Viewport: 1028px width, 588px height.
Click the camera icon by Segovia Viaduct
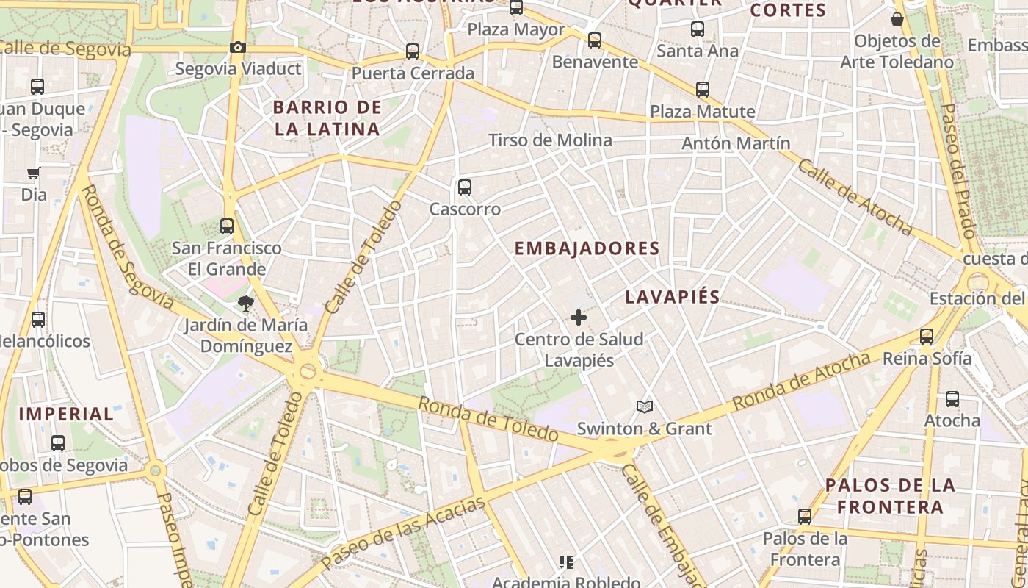click(237, 48)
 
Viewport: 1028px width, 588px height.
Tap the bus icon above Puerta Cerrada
click(413, 51)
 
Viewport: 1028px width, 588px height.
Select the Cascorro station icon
click(464, 187)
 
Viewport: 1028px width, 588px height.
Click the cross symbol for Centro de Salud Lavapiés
click(579, 318)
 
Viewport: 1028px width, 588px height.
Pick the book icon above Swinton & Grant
click(644, 406)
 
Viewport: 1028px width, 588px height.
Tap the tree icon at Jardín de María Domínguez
click(245, 302)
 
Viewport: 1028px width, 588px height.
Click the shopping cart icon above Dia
click(33, 173)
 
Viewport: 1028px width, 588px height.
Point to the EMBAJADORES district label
click(587, 248)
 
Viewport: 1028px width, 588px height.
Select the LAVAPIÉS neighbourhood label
click(672, 297)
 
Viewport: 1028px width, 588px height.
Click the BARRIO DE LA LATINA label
click(327, 118)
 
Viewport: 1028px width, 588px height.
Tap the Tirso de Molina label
click(549, 140)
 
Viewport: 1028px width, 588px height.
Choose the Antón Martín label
click(736, 143)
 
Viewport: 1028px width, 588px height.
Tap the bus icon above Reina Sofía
click(927, 337)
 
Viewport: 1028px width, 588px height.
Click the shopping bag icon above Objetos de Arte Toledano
click(897, 19)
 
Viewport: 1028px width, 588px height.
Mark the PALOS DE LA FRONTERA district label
click(890, 495)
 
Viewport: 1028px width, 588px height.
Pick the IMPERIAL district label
click(66, 413)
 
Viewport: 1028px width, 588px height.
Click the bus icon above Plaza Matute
click(703, 90)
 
